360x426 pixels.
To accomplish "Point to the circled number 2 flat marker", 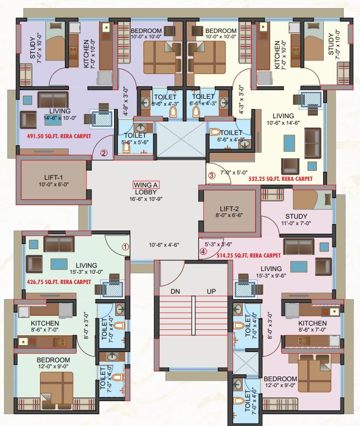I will [104, 153].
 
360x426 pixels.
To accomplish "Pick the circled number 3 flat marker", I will [211, 175].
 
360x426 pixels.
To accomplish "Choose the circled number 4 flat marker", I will [203, 251].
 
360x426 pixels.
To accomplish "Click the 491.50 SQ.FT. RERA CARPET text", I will [59, 137].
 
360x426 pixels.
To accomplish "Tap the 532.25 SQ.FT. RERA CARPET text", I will [281, 178].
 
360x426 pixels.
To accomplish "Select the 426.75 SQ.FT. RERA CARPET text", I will [59, 281].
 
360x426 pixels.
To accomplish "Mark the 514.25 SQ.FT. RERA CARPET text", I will [249, 255].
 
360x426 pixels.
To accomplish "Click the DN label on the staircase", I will [175, 291].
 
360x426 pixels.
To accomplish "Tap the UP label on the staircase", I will [211, 291].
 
